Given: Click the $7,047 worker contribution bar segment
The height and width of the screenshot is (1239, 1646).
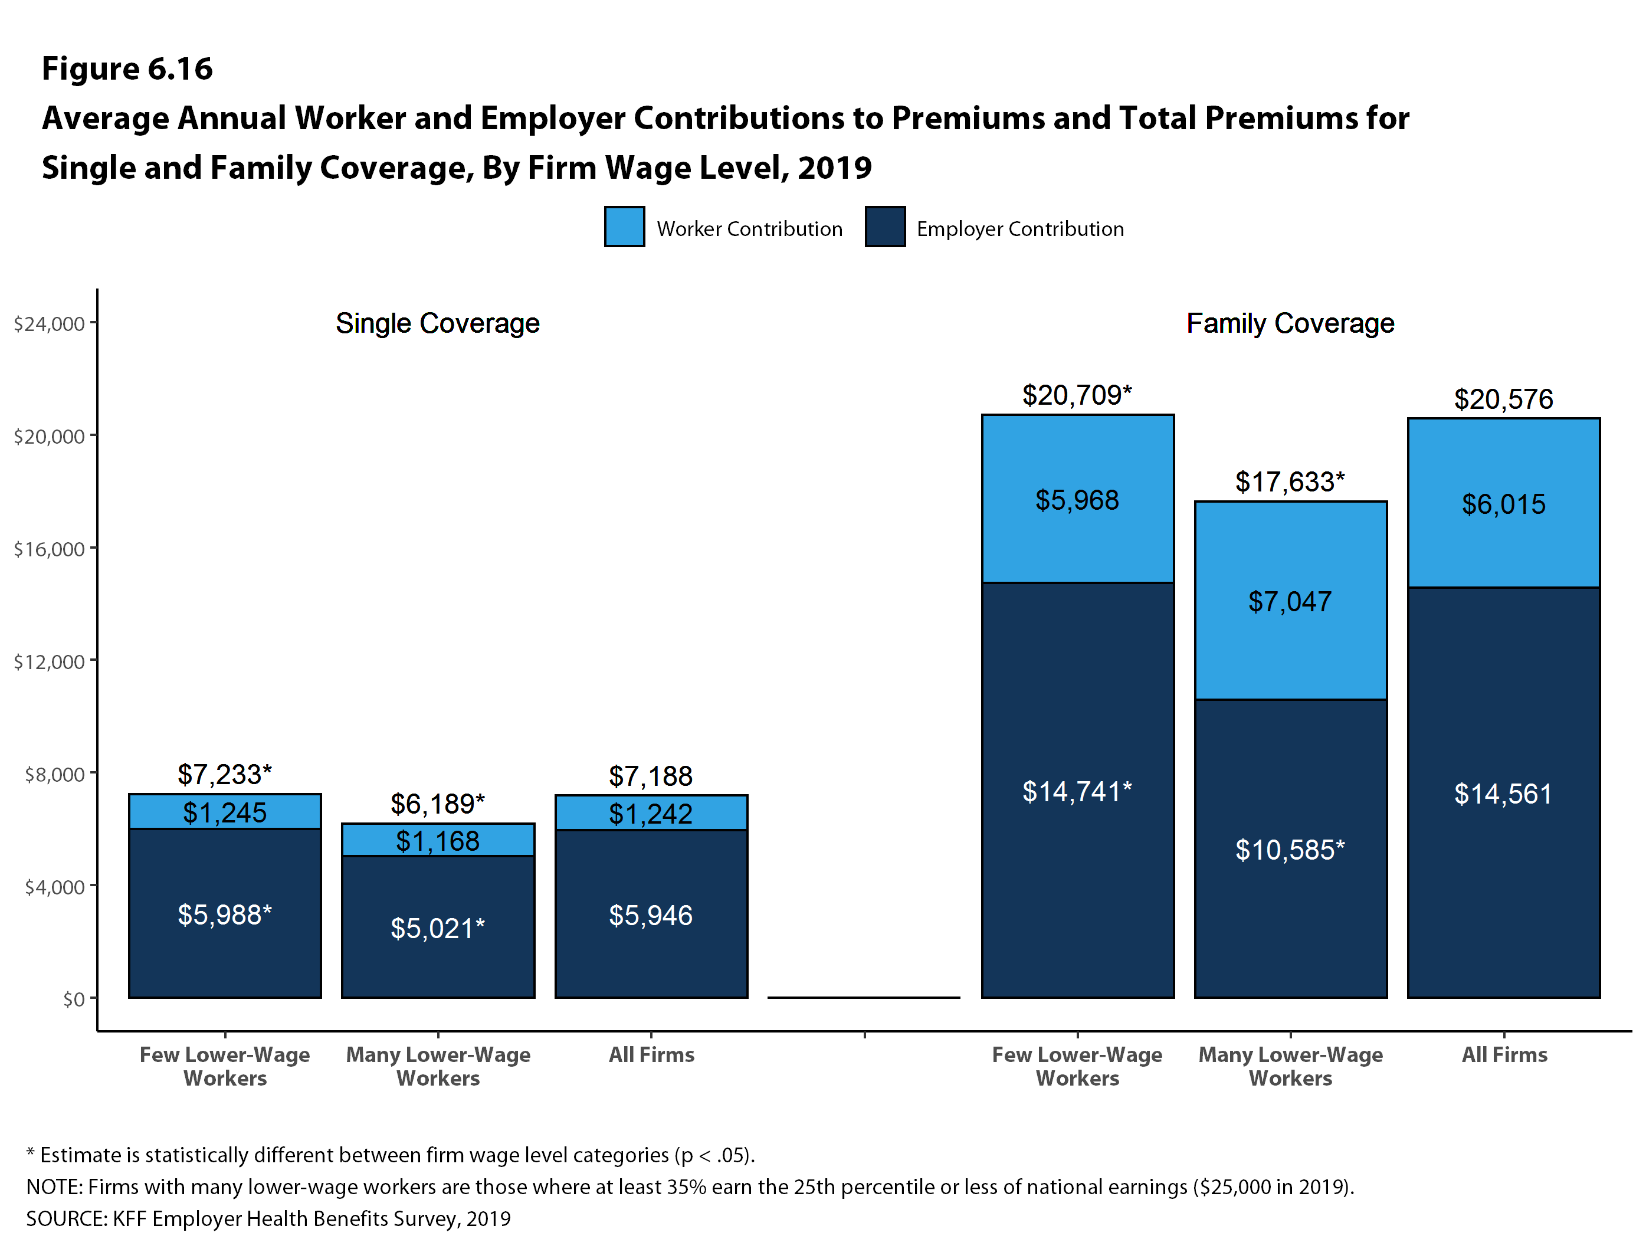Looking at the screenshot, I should tap(1290, 600).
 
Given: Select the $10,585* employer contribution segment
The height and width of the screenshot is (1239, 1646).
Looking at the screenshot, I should tap(1290, 848).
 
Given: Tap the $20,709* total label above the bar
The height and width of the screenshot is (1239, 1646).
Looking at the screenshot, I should tap(1077, 395).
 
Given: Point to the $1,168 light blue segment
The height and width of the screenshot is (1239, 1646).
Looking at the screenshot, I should tap(438, 840).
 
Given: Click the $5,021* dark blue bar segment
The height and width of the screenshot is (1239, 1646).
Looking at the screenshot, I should tap(438, 927).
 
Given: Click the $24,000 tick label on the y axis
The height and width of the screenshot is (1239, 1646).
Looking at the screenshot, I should tap(49, 324).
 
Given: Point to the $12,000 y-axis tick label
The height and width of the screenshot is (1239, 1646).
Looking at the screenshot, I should tap(49, 661).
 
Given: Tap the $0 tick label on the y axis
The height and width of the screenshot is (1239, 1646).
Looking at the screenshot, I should tap(74, 999).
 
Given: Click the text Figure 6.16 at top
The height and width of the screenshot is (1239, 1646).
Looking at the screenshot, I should tap(127, 68).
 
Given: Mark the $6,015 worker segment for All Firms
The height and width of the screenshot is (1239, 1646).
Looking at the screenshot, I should tap(1503, 504).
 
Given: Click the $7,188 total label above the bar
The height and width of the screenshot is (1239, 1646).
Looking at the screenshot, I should tap(650, 776).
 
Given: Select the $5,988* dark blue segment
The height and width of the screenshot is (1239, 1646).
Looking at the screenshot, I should tap(225, 914).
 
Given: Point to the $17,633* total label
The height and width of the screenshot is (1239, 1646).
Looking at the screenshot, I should tap(1290, 482).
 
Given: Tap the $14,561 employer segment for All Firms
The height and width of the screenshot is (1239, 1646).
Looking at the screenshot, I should tap(1503, 794).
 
